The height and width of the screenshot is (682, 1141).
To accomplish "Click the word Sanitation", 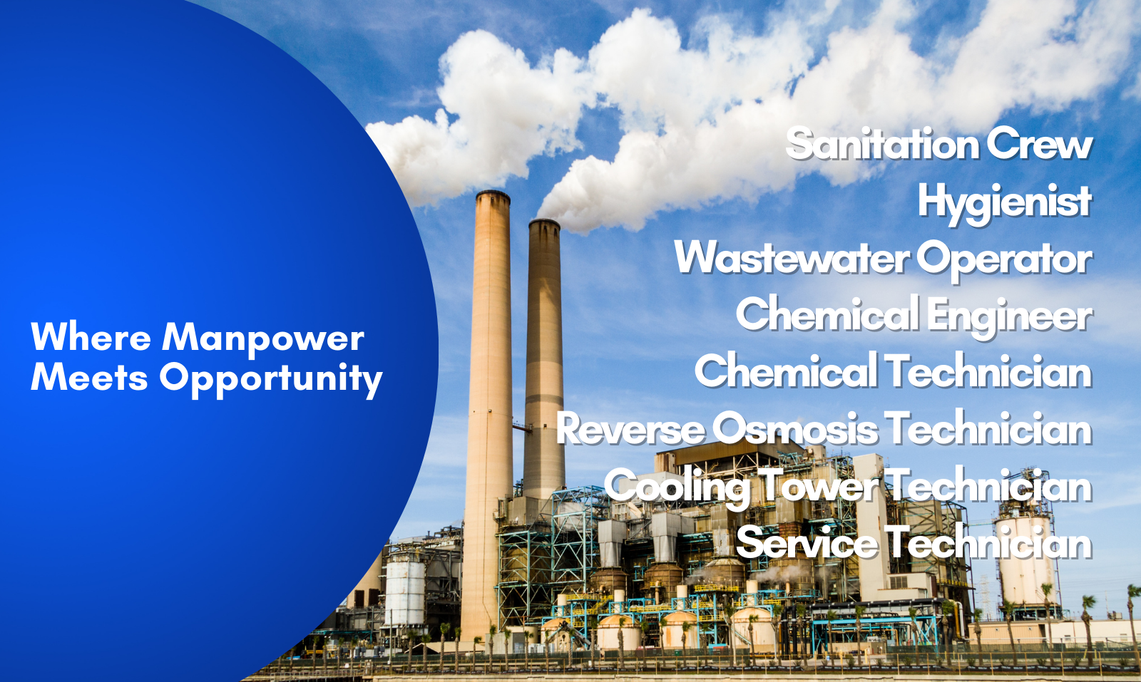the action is pos(882,143).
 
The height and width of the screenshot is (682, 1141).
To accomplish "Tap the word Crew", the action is pos(1040,145).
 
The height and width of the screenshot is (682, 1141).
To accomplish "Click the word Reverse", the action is pos(630,429).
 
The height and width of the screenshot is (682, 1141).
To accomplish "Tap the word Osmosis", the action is pos(795,428).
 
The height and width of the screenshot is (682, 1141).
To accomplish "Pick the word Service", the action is pos(807,543).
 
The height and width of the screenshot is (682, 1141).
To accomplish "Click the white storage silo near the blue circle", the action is pos(405,589).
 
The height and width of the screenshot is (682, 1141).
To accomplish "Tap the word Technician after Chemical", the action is pos(988,371).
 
